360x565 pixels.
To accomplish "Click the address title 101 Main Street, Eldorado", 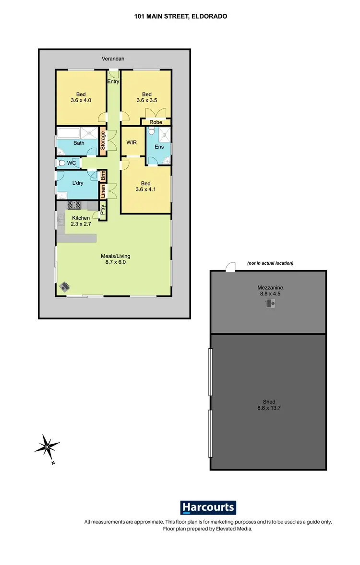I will [x=180, y=16].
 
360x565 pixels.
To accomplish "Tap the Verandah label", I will [x=113, y=59].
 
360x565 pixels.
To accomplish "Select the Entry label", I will [x=113, y=82].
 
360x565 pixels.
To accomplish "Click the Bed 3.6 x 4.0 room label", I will [x=81, y=97].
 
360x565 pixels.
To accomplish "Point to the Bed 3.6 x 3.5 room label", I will [x=146, y=97].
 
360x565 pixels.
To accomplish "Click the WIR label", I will [x=132, y=142].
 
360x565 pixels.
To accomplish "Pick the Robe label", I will [x=156, y=122].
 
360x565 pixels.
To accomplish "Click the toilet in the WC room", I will [x=61, y=163].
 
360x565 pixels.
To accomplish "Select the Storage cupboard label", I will [x=103, y=141].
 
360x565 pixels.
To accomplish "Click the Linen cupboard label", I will [x=103, y=191].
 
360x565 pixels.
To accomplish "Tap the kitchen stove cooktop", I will [x=74, y=205].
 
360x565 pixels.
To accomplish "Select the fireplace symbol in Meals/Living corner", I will [x=65, y=287].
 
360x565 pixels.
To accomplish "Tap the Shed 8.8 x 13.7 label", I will [x=269, y=405].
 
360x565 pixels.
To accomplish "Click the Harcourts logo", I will [x=208, y=507].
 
